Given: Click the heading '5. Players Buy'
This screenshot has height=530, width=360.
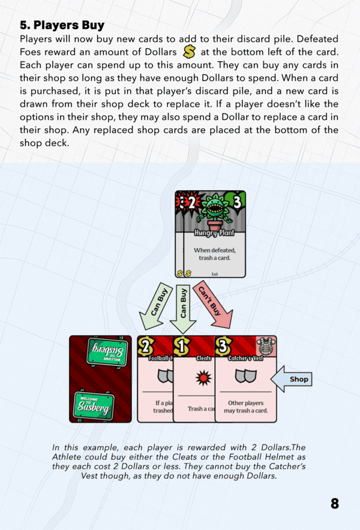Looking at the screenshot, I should tap(62, 25).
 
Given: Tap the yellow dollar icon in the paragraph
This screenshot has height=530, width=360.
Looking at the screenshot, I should tap(190, 52).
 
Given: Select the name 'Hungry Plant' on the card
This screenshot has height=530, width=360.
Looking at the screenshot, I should tap(214, 233).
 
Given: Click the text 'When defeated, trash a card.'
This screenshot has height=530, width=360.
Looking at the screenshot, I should tap(214, 253).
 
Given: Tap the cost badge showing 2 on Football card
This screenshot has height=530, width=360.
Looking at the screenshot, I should tap(146, 347).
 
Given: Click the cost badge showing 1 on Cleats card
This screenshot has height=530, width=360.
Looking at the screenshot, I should tap(181, 347).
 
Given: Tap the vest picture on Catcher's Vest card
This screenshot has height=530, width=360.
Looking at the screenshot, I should tap(266, 346).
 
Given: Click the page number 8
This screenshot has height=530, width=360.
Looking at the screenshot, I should tap(335, 504).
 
